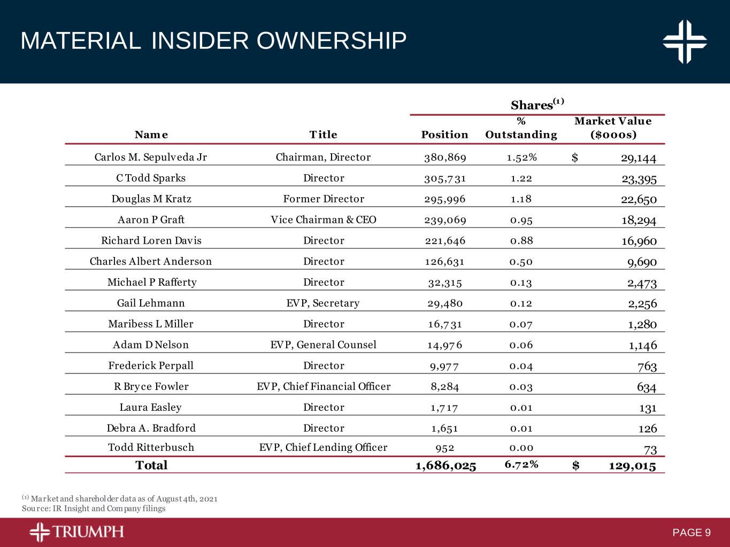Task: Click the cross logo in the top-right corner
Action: point(685,42)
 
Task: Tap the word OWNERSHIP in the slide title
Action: point(332,41)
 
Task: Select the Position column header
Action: point(444,135)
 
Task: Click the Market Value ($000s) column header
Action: point(613,128)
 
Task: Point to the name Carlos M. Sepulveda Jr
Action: point(150,157)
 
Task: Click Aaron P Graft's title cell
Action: point(324,220)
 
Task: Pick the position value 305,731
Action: point(444,178)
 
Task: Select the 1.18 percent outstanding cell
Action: point(521,199)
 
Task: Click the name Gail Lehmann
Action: point(151,303)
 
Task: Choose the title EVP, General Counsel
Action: point(324,345)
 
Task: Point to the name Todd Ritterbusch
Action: point(151,447)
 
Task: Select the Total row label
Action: point(151,465)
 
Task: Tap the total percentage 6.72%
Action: point(521,464)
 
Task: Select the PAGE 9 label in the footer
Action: point(691,533)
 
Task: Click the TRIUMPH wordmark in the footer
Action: point(88,532)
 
